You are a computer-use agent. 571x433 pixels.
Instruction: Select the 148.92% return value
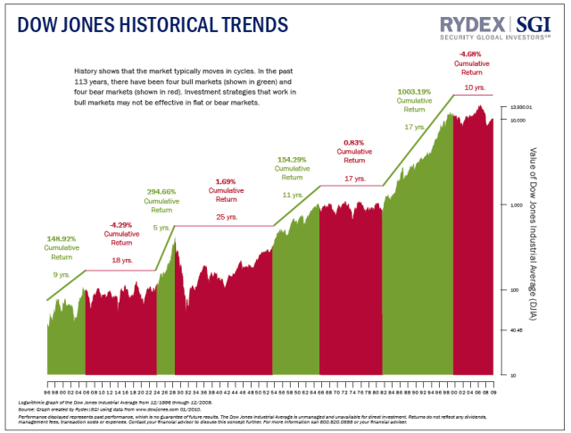[x=62, y=238]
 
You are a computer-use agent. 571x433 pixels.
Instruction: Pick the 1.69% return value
[x=225, y=181]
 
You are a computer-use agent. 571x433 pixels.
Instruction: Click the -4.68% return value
[x=473, y=54]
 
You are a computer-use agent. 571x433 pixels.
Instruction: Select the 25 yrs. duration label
[x=227, y=217]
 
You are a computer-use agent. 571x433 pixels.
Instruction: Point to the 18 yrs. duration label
[x=121, y=260]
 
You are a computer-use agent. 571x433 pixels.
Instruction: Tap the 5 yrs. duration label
[x=162, y=228]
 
